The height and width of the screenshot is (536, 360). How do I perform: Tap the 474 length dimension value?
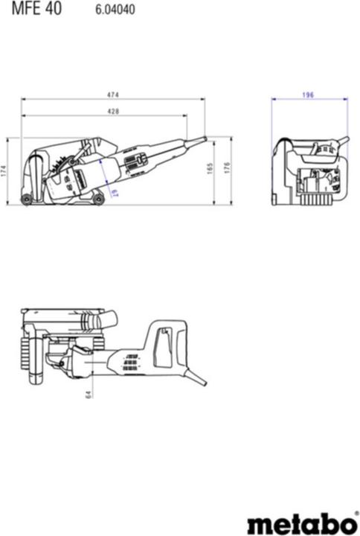point(113,95)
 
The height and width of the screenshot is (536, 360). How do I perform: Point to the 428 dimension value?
point(113,111)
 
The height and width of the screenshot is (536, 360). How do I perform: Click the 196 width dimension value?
point(308,95)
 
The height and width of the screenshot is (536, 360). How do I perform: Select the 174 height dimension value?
point(4,171)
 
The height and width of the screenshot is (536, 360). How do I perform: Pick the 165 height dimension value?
point(210,170)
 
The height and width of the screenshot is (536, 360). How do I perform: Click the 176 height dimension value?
point(227,170)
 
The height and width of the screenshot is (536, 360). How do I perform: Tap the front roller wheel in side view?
point(28,199)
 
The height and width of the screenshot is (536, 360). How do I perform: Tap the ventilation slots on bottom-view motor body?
point(130,363)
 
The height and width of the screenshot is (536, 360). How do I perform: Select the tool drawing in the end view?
point(309,173)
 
